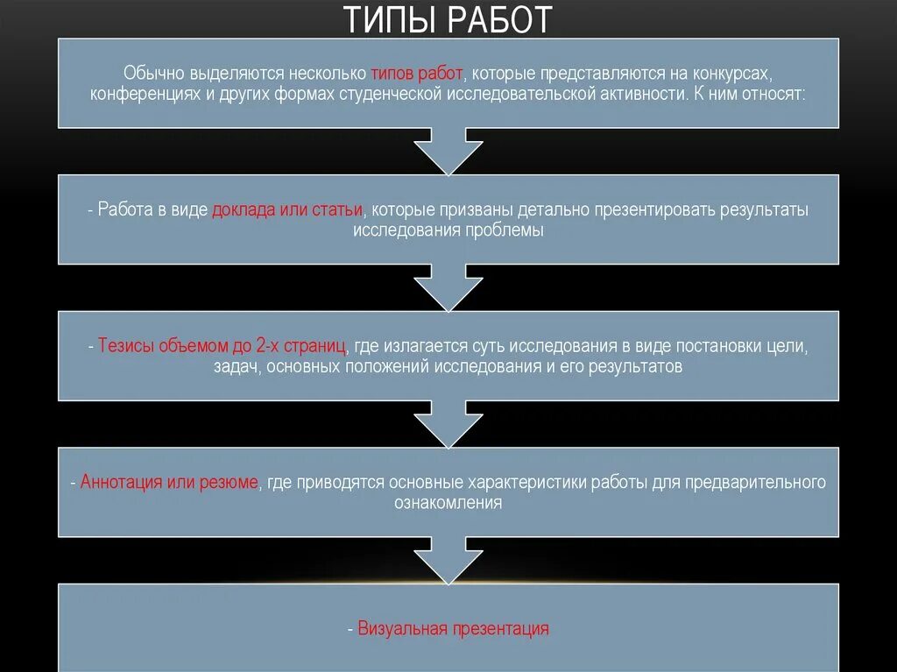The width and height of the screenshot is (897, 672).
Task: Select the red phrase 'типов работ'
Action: [x=416, y=73]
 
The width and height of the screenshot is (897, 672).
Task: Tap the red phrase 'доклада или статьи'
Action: [x=286, y=210]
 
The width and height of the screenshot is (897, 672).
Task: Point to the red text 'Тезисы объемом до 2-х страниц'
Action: [x=222, y=346]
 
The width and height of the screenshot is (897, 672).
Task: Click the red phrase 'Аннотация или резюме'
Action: [x=169, y=483]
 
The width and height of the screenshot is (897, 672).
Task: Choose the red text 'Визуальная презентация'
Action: [x=454, y=628]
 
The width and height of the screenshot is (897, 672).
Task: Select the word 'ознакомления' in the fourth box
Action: [x=448, y=503]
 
